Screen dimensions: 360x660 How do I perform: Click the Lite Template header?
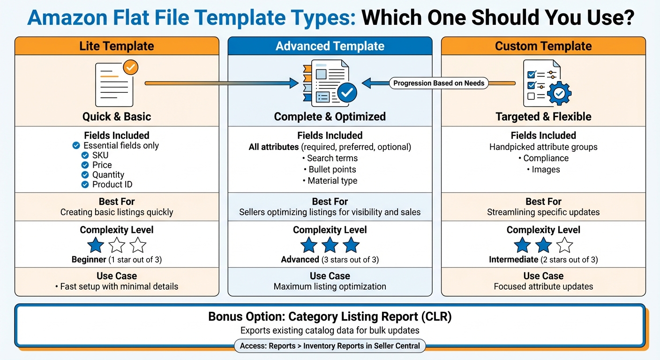coord(117,46)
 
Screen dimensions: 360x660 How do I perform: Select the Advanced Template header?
coord(330,46)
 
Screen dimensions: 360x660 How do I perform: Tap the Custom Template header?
coord(543,46)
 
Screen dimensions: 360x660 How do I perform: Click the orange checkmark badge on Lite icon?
coord(130,68)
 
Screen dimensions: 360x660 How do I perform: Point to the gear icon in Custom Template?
coord(559,94)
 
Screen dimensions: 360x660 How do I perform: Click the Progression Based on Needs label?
coord(439,83)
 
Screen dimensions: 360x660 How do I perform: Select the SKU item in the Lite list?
coord(100,155)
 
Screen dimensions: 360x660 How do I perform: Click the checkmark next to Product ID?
coord(85,185)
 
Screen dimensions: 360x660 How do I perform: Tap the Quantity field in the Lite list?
coord(108,175)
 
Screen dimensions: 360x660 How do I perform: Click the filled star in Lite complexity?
coord(96,245)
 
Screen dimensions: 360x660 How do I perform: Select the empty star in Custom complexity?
coord(565,245)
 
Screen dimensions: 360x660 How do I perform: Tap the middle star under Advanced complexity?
coord(330,245)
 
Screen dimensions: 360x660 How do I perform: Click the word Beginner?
coord(89,259)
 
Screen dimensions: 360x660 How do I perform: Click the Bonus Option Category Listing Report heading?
coord(330,317)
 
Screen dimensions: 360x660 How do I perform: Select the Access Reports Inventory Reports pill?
coord(330,346)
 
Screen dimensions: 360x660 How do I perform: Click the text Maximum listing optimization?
coord(330,286)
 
